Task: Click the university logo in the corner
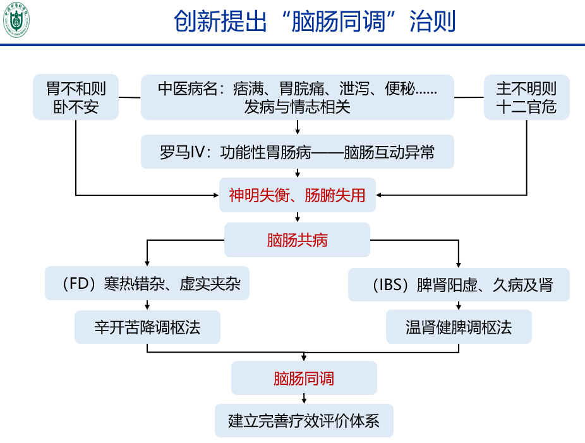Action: (x=17, y=20)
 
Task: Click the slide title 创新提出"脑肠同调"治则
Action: (x=314, y=22)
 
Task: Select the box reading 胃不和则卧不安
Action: (x=76, y=97)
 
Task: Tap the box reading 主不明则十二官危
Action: (x=526, y=97)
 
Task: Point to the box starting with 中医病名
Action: (x=297, y=97)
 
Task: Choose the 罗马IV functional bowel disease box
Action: (x=297, y=152)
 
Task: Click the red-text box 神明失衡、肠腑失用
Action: (x=297, y=195)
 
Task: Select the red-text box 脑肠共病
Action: (x=297, y=240)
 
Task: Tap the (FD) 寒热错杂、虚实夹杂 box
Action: (x=147, y=284)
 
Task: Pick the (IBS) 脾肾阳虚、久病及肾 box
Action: (x=459, y=284)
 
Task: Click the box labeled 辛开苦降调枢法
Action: (x=147, y=327)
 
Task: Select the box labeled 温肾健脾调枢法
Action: (x=459, y=327)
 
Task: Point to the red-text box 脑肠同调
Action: (x=304, y=378)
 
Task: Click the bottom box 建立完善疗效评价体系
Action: (x=304, y=420)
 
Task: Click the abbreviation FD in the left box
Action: (x=81, y=284)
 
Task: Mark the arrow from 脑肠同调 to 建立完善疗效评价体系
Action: (x=305, y=399)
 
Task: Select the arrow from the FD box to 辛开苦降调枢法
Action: (x=147, y=305)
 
